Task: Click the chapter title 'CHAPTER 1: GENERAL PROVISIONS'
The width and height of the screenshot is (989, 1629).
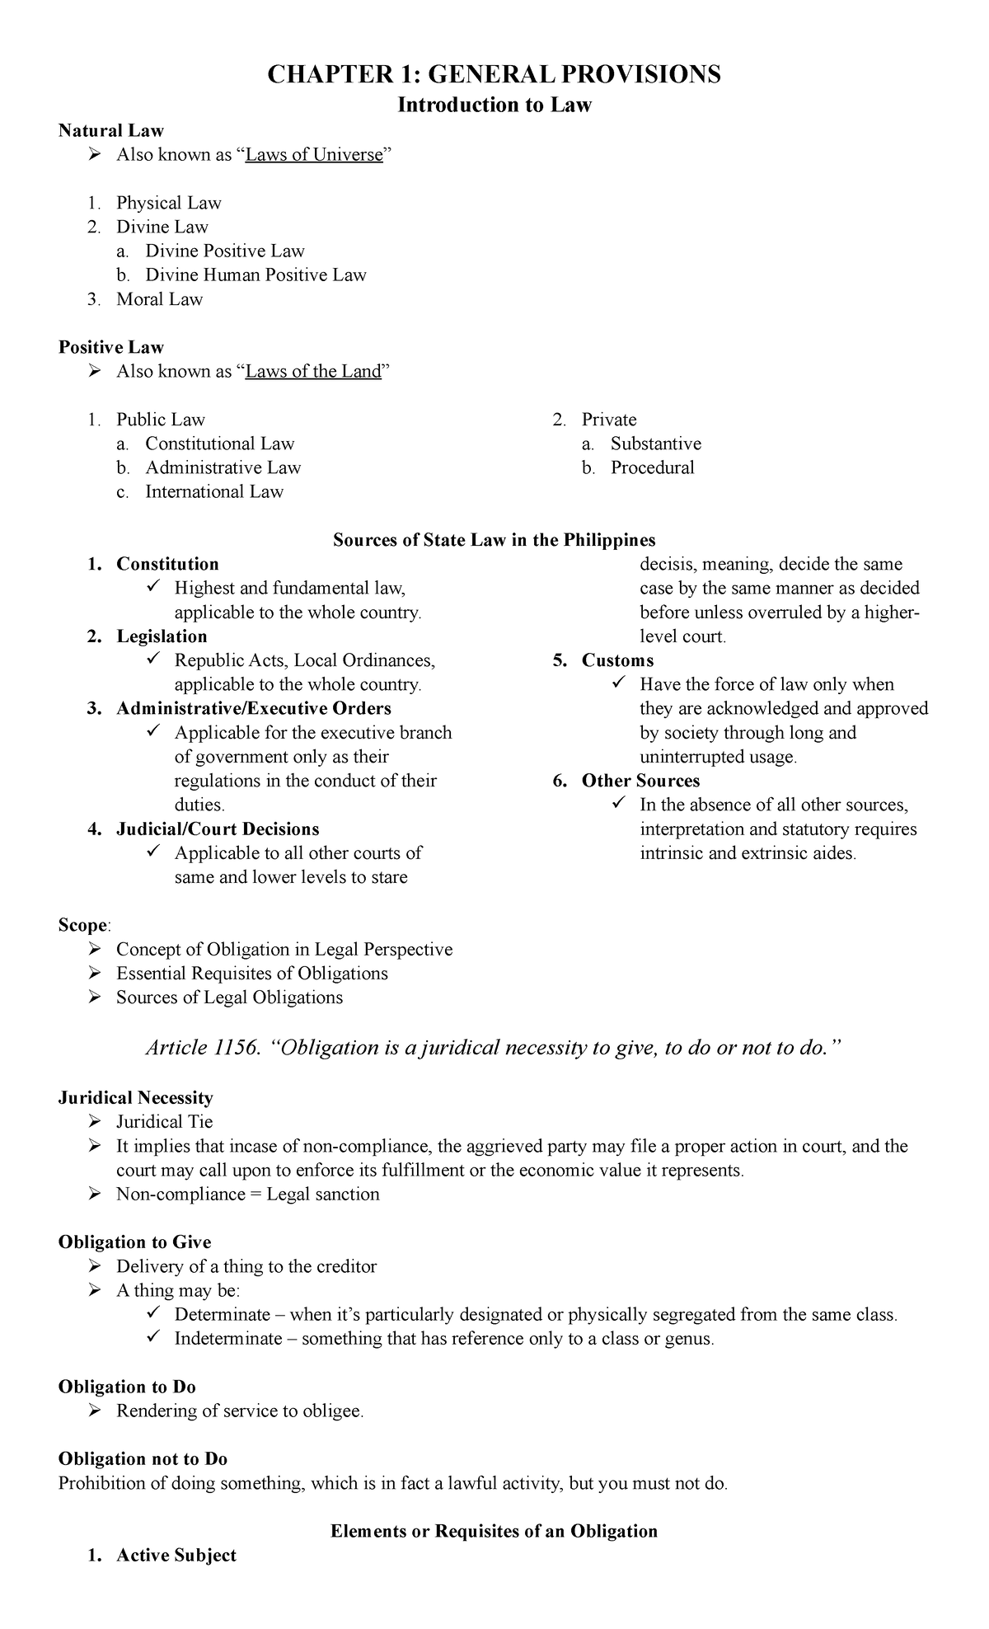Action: pos(494,75)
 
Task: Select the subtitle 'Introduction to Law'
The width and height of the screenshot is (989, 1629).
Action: pos(494,106)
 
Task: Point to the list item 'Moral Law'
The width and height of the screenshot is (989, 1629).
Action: pos(159,299)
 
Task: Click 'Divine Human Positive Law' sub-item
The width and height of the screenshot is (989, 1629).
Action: pos(255,275)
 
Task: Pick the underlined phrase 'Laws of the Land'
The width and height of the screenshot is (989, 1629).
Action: pos(314,372)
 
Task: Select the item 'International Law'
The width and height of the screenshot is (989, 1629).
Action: pos(214,492)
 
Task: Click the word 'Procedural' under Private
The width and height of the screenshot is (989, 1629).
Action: pos(652,468)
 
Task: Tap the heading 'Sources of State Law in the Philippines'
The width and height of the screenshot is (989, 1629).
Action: pos(494,540)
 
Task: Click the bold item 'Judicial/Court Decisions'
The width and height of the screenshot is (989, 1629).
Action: pos(218,829)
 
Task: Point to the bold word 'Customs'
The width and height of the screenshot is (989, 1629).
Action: pos(617,661)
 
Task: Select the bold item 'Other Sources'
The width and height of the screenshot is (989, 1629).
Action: pos(640,782)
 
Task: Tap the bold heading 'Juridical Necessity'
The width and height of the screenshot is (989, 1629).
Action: pos(135,1098)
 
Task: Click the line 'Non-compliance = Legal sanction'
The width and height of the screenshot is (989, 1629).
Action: pos(247,1195)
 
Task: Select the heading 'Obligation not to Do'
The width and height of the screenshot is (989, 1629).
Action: pos(143,1459)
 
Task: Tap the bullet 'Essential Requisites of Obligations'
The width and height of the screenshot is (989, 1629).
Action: pos(251,974)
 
